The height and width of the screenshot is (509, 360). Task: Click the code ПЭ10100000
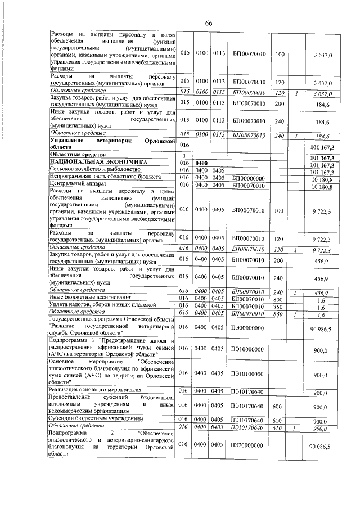click(247, 375)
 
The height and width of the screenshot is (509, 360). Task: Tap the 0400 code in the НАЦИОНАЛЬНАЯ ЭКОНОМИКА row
click(201, 162)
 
